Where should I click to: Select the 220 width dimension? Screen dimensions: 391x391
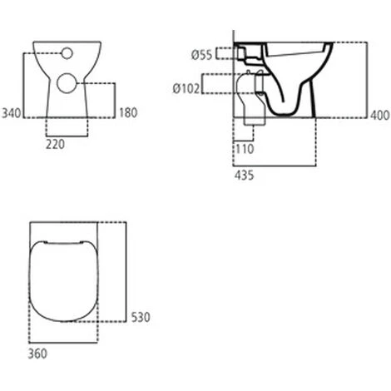point(55,142)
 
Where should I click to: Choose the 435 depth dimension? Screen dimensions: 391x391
point(244,175)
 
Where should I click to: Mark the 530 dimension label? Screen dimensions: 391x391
point(139,318)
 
